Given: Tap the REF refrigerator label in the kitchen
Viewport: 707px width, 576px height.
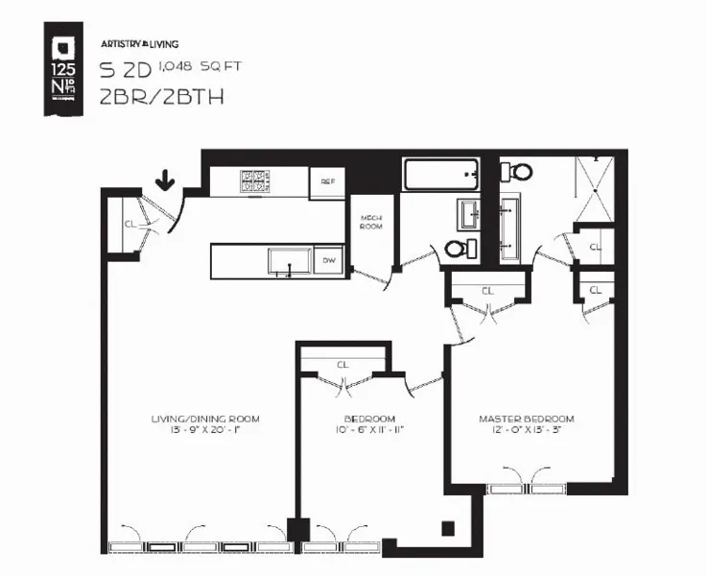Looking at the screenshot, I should coord(327,181).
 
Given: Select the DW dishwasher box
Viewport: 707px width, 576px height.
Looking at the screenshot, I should coord(328,260).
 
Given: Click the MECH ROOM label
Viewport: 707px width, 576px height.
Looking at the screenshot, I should coord(371,222).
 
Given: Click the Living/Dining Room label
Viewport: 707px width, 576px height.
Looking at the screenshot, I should coord(205,420).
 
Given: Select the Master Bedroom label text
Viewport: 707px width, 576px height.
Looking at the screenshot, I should coord(527,420).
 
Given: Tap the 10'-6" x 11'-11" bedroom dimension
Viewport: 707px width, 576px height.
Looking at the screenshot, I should coord(370,430).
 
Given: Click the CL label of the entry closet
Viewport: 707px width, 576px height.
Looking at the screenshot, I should coord(130,225).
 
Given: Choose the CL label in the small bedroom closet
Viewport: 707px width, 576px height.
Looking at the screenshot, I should coord(342,364).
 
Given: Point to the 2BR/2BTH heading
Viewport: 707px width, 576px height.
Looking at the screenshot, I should coord(149,96).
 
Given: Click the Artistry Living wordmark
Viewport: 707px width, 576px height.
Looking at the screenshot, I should coord(139,44).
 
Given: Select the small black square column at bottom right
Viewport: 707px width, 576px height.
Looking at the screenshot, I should coord(447,527).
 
